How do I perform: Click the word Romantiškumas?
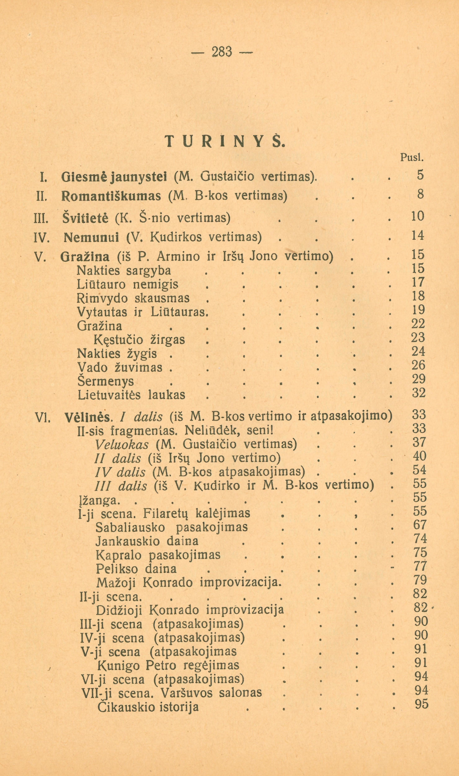pyautogui.click(x=111, y=196)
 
